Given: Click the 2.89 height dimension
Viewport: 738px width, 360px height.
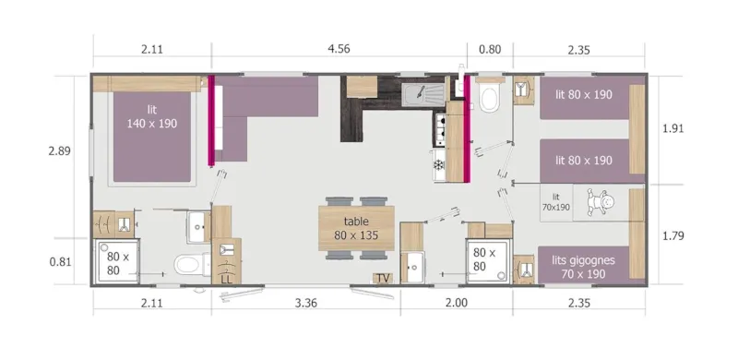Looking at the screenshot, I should (x=59, y=150).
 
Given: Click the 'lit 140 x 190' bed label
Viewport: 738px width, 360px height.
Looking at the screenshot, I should (x=152, y=116).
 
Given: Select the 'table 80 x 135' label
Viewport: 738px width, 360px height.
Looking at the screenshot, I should (x=356, y=228).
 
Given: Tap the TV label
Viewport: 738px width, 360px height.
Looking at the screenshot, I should (x=382, y=278).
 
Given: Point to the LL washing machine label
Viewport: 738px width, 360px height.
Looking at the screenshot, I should (x=225, y=277).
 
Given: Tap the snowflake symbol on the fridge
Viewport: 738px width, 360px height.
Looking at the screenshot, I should (x=439, y=164).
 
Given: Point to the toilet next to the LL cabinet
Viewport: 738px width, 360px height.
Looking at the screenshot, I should (x=189, y=266).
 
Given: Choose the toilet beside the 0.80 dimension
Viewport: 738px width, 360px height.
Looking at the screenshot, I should (x=489, y=96).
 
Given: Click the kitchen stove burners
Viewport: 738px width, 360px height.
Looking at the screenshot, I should (x=439, y=130).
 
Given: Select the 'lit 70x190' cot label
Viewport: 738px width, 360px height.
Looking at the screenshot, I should (x=556, y=202).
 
